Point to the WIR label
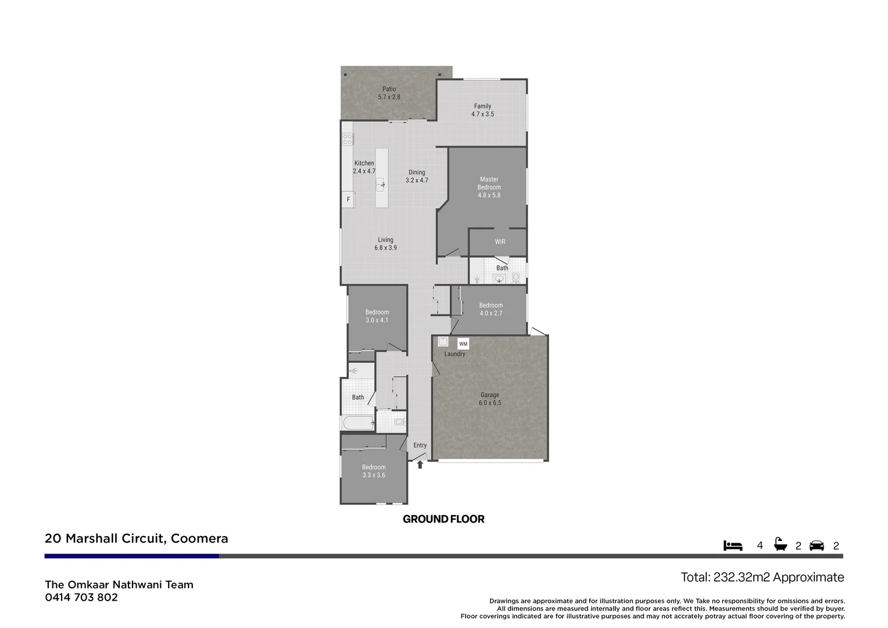coord(500,242)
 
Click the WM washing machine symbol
coord(463,344)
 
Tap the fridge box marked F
coord(348,199)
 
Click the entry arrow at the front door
coord(420,465)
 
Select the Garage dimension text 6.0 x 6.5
coord(489,403)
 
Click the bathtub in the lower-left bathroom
coord(357,423)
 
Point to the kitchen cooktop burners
coord(348,139)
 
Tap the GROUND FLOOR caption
coord(443,519)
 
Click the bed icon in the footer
coord(733,545)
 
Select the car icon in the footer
coord(817,545)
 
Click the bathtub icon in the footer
coord(780,545)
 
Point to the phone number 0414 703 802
coord(81,597)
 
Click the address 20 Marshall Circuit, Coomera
coord(137,538)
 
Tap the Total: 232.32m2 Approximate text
coord(762,577)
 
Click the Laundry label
coord(454,354)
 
